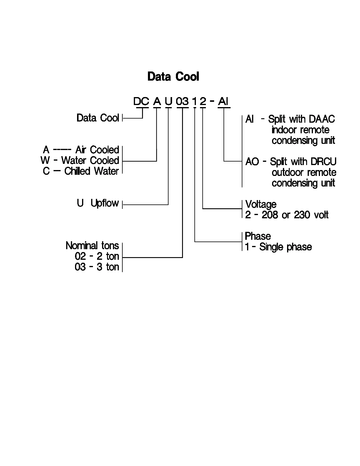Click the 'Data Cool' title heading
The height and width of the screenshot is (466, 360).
point(173,76)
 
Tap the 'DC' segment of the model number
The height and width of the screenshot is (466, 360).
point(141,101)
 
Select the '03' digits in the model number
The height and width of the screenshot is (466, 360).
point(182,101)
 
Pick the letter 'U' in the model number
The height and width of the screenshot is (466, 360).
point(168,101)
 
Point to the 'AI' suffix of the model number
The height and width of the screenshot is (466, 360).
point(223,101)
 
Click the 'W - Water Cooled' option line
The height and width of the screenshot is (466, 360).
point(80,161)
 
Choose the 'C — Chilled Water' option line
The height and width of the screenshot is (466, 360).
point(81,171)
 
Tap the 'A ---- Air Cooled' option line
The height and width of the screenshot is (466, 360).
point(81,150)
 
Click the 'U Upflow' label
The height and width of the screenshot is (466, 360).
point(98,203)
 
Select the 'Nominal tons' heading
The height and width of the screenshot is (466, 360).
point(92,246)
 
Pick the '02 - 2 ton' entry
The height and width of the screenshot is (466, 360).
point(97,256)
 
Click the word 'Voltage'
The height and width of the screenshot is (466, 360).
point(261,204)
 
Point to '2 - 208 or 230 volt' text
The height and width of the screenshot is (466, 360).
point(287,215)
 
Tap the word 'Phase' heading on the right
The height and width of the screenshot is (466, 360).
point(258,236)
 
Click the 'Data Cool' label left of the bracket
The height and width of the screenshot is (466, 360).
point(98,118)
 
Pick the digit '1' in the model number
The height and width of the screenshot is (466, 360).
point(194,101)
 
